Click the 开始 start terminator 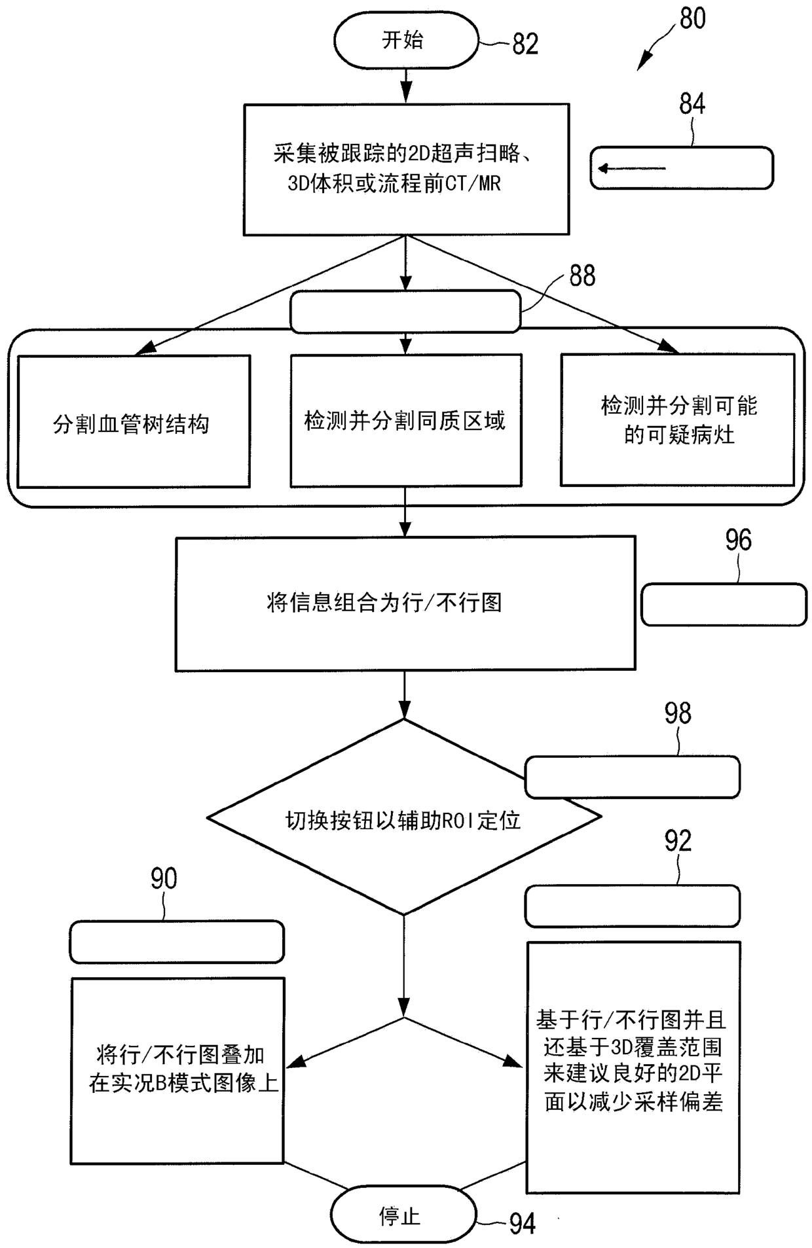point(406,41)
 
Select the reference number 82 point(525,45)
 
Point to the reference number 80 point(693,18)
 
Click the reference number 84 point(692,104)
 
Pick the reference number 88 point(582,276)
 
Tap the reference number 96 point(738,540)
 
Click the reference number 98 point(678,713)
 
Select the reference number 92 point(678,842)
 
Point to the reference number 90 point(164,879)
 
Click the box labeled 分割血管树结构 point(134,421)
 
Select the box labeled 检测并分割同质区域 point(406,420)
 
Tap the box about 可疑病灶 point(678,419)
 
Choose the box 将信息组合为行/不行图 point(405,603)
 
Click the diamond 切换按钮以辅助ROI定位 point(404,817)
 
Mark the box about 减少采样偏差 point(633,1067)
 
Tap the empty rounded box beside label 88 point(406,312)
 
